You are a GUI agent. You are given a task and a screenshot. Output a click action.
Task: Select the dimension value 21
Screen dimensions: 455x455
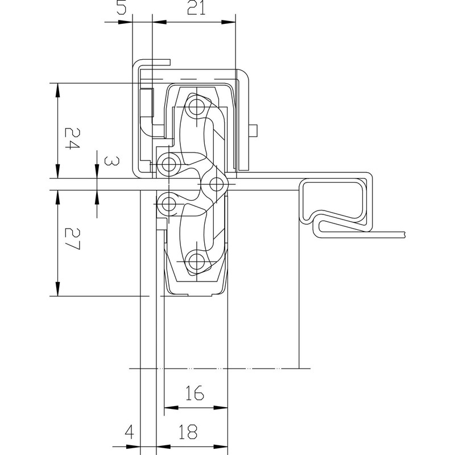tap(195, 8)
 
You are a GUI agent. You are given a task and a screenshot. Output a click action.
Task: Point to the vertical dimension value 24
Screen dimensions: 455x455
tap(71, 138)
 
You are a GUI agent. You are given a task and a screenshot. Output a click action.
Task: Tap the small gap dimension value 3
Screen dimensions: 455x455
tap(112, 162)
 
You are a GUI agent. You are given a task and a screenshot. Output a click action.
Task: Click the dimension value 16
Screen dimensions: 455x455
tap(195, 392)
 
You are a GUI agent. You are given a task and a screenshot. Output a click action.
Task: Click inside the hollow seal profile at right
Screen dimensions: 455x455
tap(333, 199)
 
